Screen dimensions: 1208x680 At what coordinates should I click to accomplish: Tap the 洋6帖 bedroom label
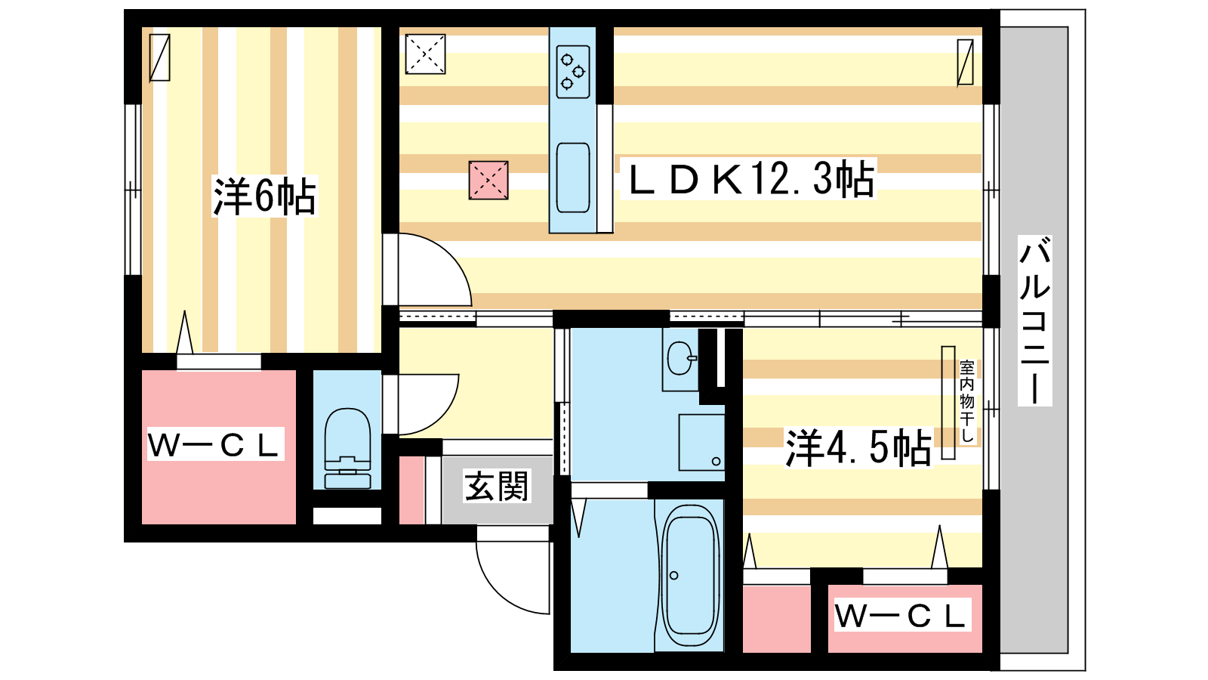point(264,196)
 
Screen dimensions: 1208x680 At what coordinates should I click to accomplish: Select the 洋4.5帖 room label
point(858,447)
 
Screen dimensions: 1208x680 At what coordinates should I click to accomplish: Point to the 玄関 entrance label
point(496,487)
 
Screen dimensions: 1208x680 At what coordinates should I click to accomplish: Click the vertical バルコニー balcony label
point(1034,320)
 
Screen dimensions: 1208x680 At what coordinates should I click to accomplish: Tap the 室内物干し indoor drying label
point(967,401)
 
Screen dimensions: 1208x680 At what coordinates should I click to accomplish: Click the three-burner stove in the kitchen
point(573,72)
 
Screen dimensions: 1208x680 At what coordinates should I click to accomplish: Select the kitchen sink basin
point(573,178)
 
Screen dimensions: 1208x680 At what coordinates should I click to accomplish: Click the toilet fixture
point(348,448)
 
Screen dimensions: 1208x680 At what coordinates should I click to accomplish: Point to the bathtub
point(690,575)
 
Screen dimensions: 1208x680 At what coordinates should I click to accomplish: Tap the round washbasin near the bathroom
point(680,358)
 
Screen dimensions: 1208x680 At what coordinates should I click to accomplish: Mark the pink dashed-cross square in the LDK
point(488,181)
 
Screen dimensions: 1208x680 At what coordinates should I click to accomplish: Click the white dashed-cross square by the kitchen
point(426,54)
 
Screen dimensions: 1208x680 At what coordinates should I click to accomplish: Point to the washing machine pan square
point(701,443)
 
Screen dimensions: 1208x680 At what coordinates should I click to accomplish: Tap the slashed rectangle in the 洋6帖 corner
point(159,57)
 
